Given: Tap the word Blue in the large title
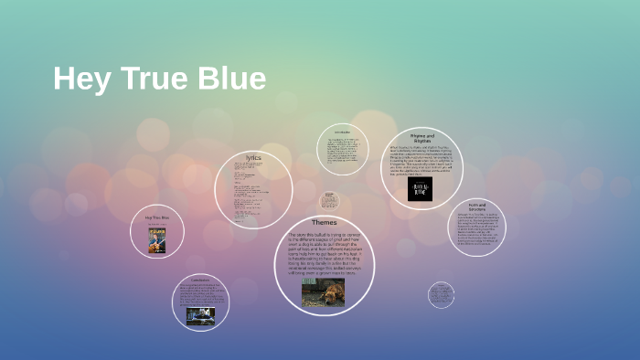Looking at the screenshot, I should point(230,79).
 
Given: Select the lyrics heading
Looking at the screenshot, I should point(252,157).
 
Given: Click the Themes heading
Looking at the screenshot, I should point(325,222).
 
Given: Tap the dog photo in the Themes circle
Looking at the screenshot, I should point(324,292).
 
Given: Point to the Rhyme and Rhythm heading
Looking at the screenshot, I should point(421,138).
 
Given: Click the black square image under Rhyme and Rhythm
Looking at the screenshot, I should point(421,187).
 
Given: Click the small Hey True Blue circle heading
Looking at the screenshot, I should point(157,217).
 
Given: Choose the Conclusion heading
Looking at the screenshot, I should point(200,280).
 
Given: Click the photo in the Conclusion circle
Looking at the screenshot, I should point(200,315).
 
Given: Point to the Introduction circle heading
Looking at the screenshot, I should point(343,132).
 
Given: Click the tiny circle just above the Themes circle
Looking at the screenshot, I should point(329,201).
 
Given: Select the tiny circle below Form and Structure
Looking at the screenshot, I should point(441,294).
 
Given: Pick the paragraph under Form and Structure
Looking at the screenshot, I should point(477,229).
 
